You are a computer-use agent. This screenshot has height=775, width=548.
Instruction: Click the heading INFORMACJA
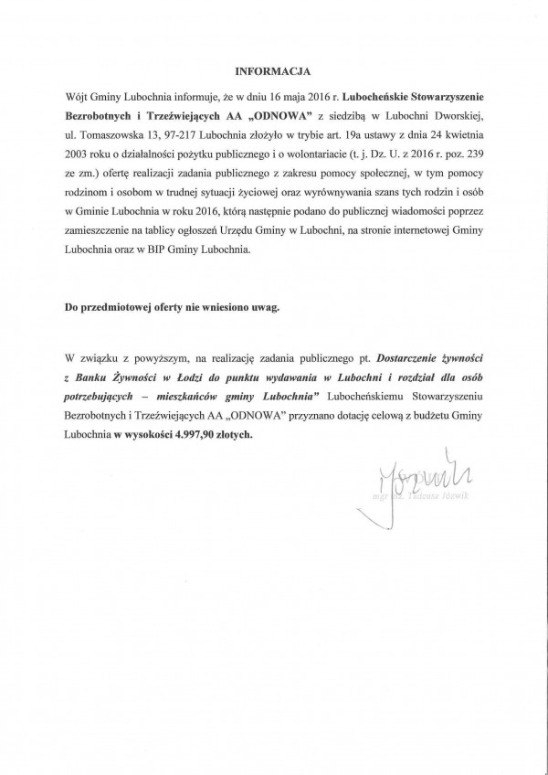[x=272, y=69]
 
